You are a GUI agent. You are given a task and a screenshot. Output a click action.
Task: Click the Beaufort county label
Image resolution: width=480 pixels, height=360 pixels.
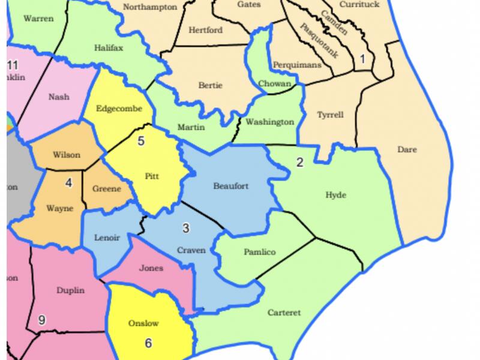(230, 186)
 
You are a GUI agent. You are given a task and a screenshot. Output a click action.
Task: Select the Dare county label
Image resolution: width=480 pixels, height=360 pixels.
(407, 149)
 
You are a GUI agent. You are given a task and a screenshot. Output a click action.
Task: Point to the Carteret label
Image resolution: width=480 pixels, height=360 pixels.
(284, 313)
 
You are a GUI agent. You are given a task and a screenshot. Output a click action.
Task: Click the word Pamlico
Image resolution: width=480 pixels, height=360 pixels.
(260, 252)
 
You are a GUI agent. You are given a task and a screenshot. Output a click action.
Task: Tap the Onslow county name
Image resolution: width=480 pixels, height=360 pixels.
(144, 323)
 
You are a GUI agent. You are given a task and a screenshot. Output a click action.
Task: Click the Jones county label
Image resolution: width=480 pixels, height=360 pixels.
(151, 268)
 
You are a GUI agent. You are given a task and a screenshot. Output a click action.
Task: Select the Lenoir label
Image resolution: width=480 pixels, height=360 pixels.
(107, 238)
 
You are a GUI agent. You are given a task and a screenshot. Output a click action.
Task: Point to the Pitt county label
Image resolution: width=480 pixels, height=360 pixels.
(152, 176)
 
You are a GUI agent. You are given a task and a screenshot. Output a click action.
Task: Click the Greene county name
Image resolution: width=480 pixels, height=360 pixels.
(107, 188)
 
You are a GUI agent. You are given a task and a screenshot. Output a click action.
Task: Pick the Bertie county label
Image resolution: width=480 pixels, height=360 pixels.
(210, 86)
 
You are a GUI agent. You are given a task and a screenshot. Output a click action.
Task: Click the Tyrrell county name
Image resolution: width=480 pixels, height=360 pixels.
(330, 115)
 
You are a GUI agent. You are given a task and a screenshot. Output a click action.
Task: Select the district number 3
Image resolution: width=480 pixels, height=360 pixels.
(186, 228)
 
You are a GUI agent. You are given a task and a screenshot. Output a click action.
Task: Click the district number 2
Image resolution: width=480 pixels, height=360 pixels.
(300, 162)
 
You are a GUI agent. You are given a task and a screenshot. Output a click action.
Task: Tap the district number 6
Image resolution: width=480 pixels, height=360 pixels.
(149, 343)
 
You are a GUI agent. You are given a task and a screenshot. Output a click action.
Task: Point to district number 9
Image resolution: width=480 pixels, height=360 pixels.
(41, 320)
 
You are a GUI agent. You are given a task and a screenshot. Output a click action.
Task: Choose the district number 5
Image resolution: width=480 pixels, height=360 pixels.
(141, 142)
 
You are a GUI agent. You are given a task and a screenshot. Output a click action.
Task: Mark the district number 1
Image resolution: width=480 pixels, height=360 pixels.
(362, 59)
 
